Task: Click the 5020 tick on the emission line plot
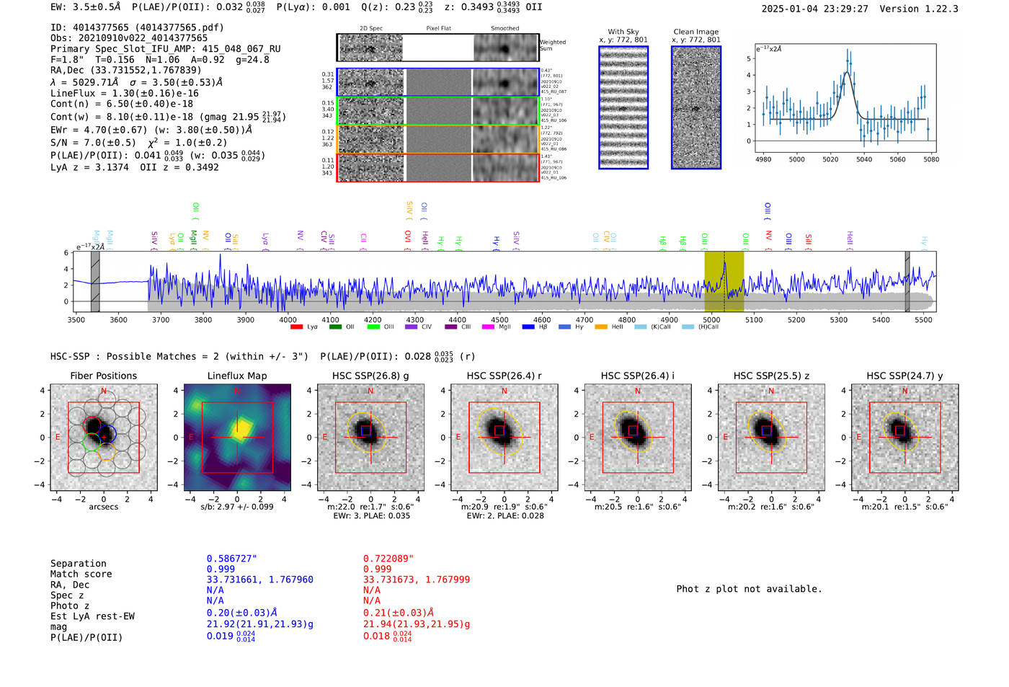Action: click(x=830, y=159)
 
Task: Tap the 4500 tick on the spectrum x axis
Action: click(x=499, y=319)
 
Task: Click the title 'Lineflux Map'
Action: click(x=236, y=376)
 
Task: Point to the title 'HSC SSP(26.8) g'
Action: click(x=370, y=376)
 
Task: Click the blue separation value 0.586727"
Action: click(x=231, y=559)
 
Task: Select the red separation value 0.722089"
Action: click(x=388, y=559)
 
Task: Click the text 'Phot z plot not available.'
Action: click(x=749, y=589)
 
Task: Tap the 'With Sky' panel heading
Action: click(x=623, y=32)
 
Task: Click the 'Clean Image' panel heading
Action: click(x=695, y=32)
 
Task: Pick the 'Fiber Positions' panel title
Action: click(x=103, y=376)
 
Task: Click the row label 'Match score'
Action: click(x=81, y=575)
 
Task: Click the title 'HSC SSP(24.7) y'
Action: click(x=904, y=376)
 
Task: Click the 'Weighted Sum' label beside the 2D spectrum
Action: click(x=552, y=45)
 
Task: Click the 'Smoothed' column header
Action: click(x=504, y=28)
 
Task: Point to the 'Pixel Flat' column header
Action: click(x=438, y=28)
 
